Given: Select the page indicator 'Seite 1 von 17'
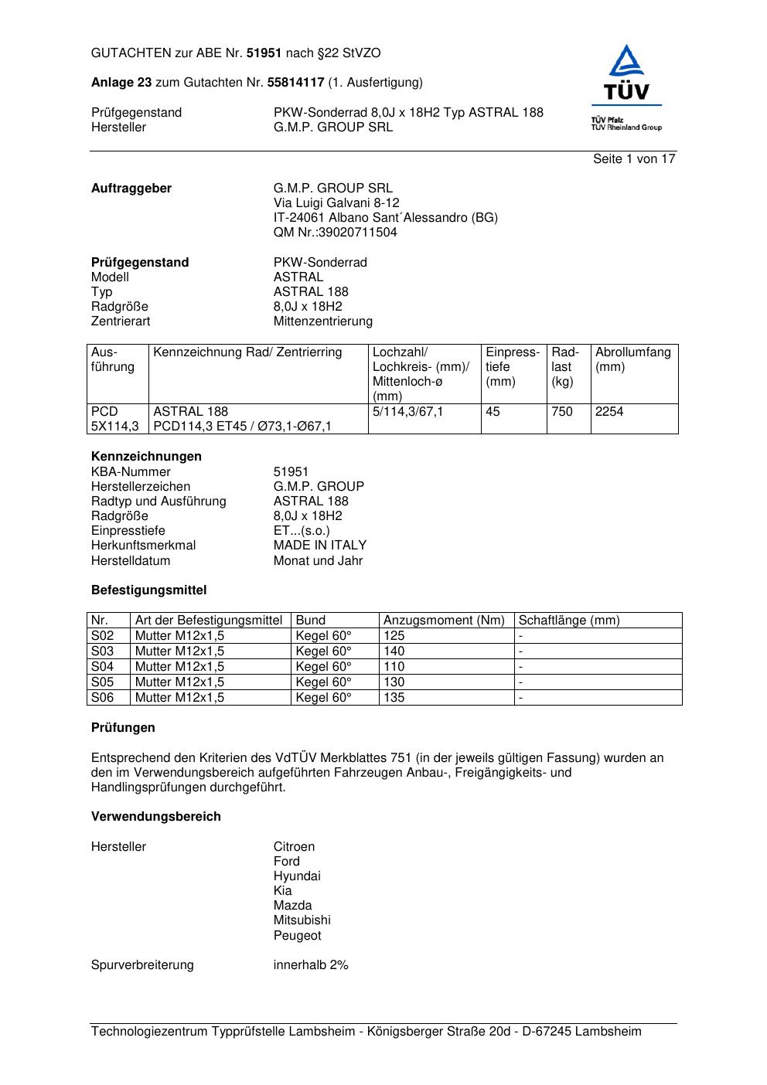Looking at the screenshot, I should click(x=634, y=159).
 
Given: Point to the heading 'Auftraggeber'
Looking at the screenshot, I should click(x=131, y=189).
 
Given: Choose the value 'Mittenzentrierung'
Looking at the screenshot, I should click(x=322, y=321).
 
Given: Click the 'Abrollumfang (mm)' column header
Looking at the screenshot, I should click(x=632, y=359).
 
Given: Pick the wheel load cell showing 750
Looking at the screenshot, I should click(x=562, y=412).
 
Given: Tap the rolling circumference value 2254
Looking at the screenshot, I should click(x=609, y=412).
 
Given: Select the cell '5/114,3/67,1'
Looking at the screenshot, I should click(x=407, y=412).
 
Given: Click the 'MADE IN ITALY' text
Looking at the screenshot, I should click(x=319, y=546).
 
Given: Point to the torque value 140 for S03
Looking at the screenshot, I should click(x=394, y=651).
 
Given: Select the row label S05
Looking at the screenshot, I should click(x=102, y=682).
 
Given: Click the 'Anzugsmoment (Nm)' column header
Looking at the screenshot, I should click(x=444, y=621).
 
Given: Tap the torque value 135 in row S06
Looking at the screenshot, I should click(x=394, y=698).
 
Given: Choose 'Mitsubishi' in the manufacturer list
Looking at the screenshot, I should click(x=302, y=920).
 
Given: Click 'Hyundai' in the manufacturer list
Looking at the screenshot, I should click(x=296, y=876).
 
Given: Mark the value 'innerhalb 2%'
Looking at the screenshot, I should click(x=311, y=965).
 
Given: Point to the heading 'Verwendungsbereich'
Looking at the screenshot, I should click(x=156, y=817).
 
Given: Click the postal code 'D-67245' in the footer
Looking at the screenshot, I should click(x=546, y=1032).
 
